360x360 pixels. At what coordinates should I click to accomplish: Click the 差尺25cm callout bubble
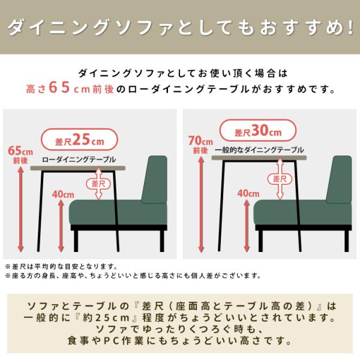click(79, 140)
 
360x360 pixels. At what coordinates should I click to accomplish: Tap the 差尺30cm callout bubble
click(258, 130)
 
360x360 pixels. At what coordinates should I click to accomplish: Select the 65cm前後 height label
click(20, 155)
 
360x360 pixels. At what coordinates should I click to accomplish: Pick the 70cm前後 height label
click(200, 145)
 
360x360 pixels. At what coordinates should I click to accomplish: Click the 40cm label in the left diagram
click(63, 194)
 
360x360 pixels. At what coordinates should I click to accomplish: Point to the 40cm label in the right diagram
click(248, 193)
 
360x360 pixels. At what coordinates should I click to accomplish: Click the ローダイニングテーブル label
click(79, 160)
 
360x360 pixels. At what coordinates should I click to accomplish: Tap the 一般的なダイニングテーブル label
click(259, 150)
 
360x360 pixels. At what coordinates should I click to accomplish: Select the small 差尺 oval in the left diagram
click(98, 184)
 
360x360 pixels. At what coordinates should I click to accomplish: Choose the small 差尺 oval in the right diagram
click(280, 179)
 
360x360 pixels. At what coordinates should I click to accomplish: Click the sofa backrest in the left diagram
click(155, 179)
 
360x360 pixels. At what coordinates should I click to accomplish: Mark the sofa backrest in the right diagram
click(340, 179)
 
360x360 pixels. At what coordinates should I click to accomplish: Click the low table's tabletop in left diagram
click(78, 168)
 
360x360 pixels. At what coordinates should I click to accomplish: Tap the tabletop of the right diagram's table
click(259, 158)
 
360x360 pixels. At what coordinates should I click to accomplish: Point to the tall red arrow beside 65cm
click(20, 209)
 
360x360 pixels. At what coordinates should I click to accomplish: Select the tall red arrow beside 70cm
click(201, 205)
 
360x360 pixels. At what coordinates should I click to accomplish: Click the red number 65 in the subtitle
click(59, 87)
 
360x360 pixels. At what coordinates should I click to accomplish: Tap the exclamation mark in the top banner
click(350, 28)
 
